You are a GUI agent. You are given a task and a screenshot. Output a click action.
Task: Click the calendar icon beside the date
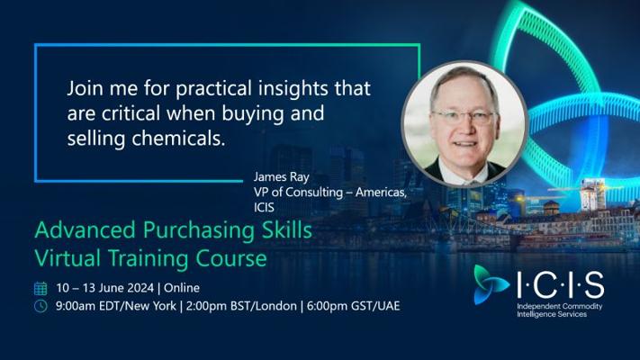pyautogui.click(x=41, y=288)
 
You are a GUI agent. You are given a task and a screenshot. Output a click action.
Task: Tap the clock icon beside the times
pyautogui.click(x=41, y=306)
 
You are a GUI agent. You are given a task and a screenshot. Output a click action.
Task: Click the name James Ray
pyautogui.click(x=281, y=177)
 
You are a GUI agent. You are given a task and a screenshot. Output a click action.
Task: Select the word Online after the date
pyautogui.click(x=182, y=288)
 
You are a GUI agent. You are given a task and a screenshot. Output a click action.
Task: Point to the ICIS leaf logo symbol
pyautogui.click(x=490, y=284)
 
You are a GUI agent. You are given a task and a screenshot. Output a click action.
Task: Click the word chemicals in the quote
pyautogui.click(x=178, y=139)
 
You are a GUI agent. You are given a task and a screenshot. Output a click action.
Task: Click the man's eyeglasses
pyautogui.click(x=464, y=118)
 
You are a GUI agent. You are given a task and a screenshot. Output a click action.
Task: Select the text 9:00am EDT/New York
pyautogui.click(x=116, y=306)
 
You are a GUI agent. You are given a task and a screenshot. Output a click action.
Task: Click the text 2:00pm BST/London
pyautogui.click(x=241, y=306)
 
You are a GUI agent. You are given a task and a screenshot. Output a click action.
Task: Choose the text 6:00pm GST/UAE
pyautogui.click(x=353, y=306)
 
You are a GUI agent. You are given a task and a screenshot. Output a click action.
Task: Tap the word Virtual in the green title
pyautogui.click(x=68, y=258)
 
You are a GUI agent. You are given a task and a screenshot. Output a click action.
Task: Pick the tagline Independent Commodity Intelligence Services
pyautogui.click(x=560, y=310)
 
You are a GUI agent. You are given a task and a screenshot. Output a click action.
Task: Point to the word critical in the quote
pyautogui.click(x=131, y=113)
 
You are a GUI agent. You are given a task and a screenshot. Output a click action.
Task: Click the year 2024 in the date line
pyautogui.click(x=140, y=288)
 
